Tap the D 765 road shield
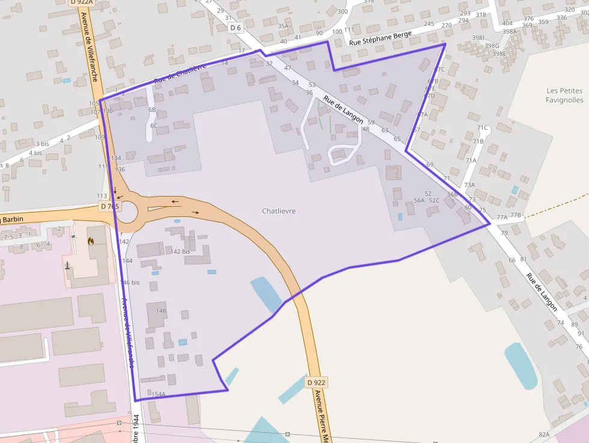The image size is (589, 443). [111, 206]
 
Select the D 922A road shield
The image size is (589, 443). [81, 2]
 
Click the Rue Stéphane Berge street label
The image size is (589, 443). [380, 38]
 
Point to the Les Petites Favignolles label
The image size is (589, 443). [564, 95]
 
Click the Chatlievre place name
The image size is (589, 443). [279, 211]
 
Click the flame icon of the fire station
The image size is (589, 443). [91, 241]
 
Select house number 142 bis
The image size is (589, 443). [180, 251]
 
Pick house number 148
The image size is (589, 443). [160, 311]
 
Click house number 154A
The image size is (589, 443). [159, 394]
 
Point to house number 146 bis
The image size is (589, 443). [130, 283]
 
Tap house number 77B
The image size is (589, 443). [516, 215]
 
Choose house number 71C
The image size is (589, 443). [482, 128]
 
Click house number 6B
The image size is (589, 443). [152, 110]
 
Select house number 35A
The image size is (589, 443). [283, 26]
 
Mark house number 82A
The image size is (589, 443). [544, 435]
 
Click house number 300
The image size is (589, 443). [343, 12]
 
